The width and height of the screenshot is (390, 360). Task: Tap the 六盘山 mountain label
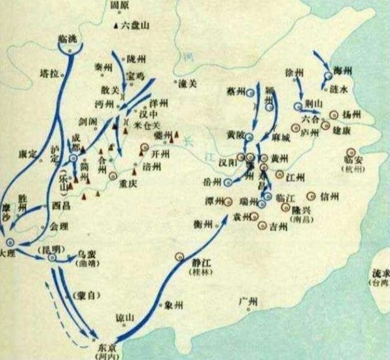coord(135,27)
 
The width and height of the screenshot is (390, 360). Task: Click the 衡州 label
coord(203,224)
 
